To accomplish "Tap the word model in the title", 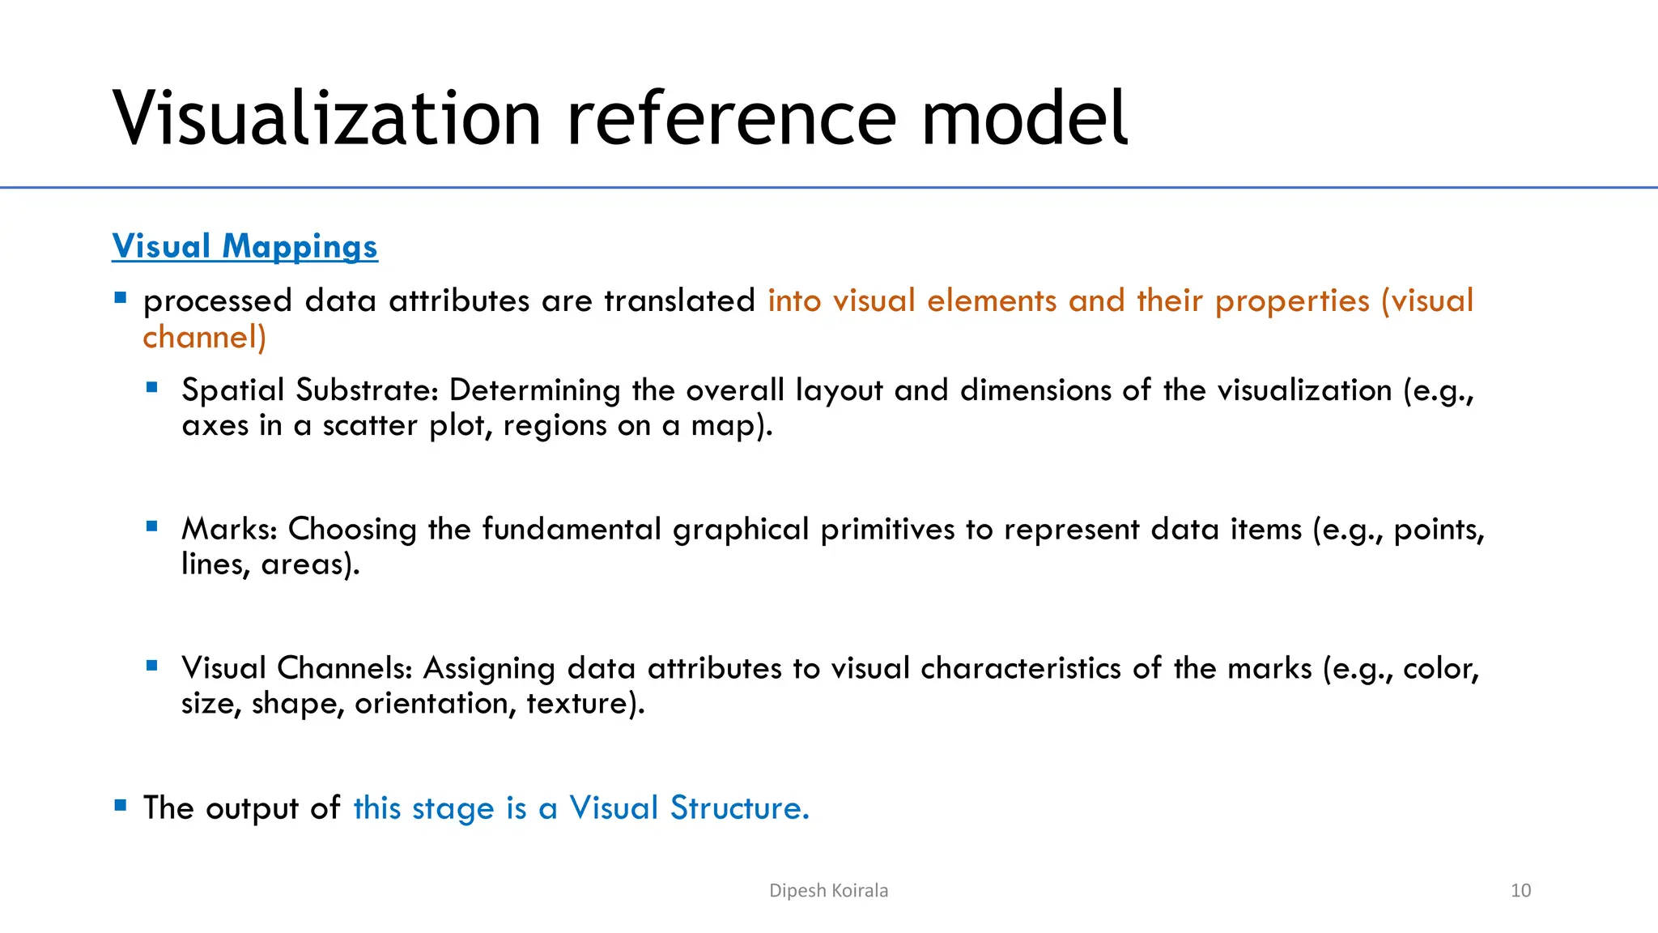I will coord(1024,119).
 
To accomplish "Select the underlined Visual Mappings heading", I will coord(244,246).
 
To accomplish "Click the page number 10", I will coord(1520,890).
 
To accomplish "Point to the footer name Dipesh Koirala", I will coord(828,890).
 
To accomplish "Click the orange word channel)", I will coord(204,337).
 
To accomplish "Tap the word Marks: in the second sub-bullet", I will coord(230,529).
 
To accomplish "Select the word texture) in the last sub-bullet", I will coord(585,703).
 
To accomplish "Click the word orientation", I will coord(435,703).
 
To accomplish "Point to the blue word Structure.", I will coord(739,808).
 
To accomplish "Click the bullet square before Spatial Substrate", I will coord(152,387).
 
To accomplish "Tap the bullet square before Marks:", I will coord(152,526).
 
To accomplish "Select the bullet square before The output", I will coord(121,805).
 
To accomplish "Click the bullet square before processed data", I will coord(121,297).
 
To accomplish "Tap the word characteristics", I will coord(1021,668).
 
